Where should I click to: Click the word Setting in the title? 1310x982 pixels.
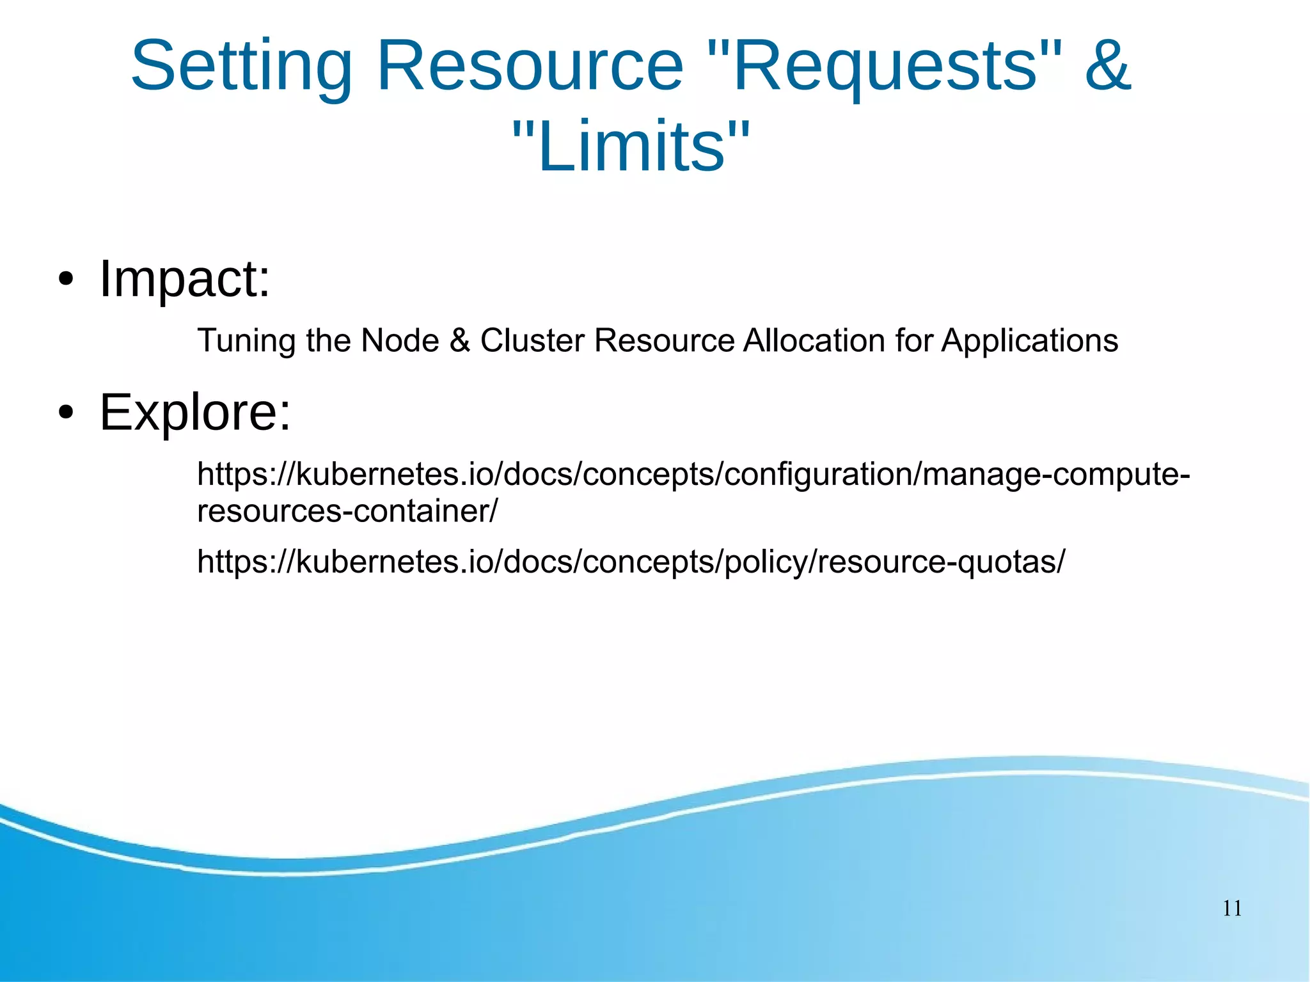[x=242, y=67]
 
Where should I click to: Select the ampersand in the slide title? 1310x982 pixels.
[x=1108, y=65]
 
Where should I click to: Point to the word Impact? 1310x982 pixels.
[x=185, y=279]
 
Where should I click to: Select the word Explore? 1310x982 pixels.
[x=195, y=412]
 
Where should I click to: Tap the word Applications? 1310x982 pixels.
[x=1030, y=341]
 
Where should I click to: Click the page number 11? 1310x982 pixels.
[x=1232, y=908]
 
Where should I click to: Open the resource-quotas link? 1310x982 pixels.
[x=631, y=562]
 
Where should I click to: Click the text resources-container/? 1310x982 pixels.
[x=347, y=511]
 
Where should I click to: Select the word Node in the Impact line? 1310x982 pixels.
[x=400, y=340]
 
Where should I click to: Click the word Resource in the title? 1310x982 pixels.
[x=530, y=67]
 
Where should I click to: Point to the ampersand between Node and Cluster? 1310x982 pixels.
[x=459, y=340]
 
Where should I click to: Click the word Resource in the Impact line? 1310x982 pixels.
[x=664, y=340]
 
